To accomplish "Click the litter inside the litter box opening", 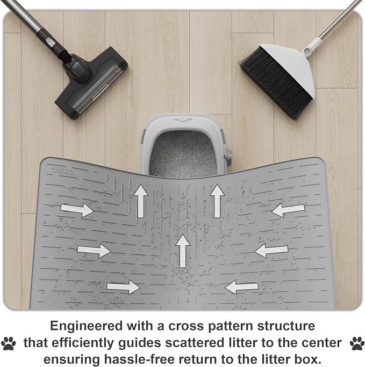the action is tap(183, 153).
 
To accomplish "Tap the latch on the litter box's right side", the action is tap(227, 156).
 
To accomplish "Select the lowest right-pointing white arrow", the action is tap(123, 287).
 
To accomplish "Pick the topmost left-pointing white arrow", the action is tap(288, 210).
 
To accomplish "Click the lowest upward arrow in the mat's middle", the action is tap(182, 251).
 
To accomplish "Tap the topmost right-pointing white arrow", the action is tap(77, 209).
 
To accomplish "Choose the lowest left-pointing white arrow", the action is tap(241, 287).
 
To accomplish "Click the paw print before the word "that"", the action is tap(9, 343).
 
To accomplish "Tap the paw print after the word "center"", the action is tap(357, 343).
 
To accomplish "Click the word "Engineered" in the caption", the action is tap(86, 326).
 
